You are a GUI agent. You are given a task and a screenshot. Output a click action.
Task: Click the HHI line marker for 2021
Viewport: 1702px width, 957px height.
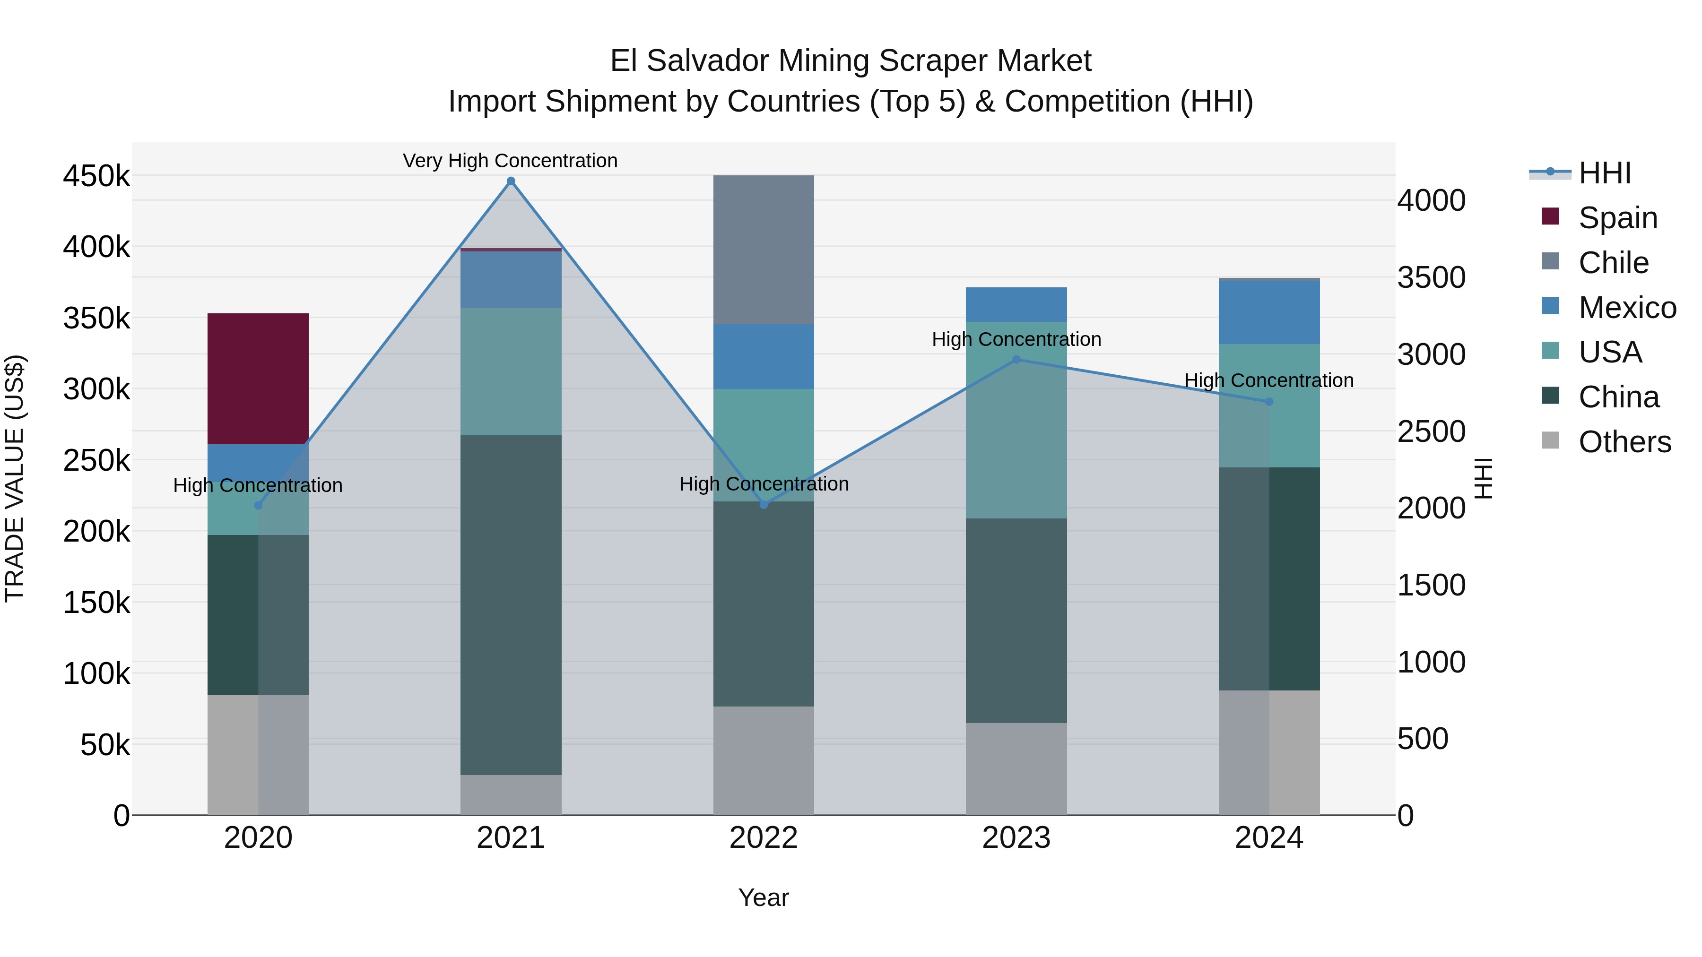511,181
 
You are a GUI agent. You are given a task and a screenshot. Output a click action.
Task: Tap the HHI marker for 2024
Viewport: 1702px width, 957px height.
1268,402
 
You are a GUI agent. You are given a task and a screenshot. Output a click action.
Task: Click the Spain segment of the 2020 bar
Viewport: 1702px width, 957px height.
258,379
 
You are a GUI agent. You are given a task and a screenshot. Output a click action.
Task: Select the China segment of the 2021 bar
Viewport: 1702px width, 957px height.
511,604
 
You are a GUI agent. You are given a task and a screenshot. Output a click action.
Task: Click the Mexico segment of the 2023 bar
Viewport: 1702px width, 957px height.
1016,304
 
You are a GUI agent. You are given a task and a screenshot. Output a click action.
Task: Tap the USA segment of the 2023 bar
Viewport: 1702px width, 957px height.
1016,420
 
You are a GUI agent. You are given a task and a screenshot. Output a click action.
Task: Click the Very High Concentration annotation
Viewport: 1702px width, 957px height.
510,161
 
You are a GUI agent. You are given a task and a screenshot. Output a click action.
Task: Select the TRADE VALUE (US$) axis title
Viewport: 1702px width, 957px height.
15,478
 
